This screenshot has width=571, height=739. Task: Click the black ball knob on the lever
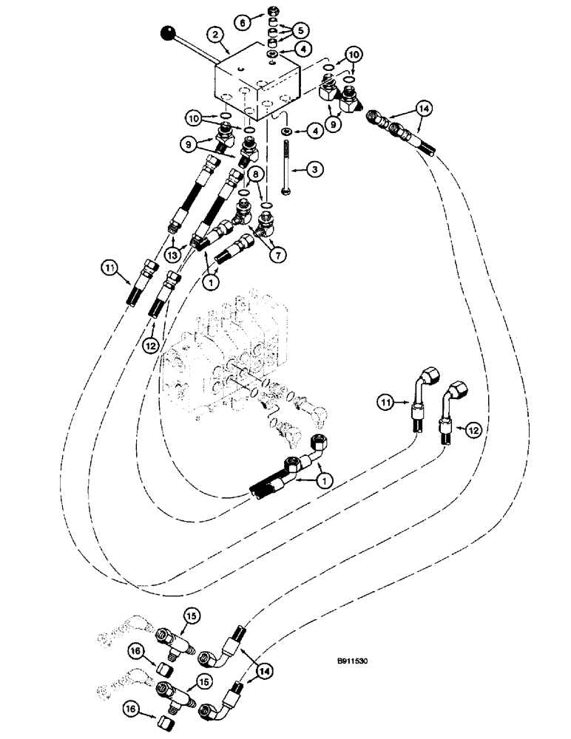[x=170, y=33]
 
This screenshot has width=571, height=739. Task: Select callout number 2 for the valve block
[x=214, y=34]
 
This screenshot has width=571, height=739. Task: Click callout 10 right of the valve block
[x=352, y=55]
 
